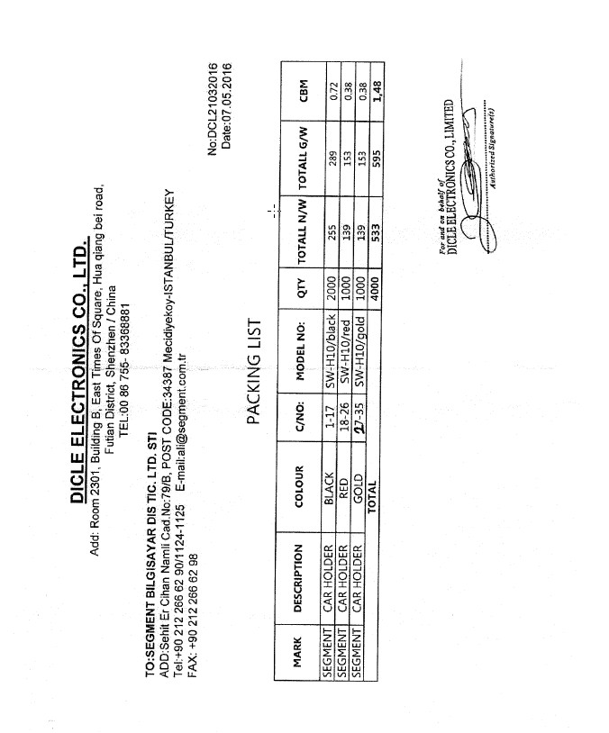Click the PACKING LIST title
click(253, 372)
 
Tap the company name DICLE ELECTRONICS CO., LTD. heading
click(79, 372)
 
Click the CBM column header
click(304, 91)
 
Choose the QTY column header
click(302, 288)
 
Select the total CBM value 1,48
click(377, 91)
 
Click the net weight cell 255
click(332, 233)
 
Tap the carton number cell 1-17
click(330, 417)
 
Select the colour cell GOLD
click(358, 488)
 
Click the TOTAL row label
click(371, 496)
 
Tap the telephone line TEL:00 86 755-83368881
click(124, 370)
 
